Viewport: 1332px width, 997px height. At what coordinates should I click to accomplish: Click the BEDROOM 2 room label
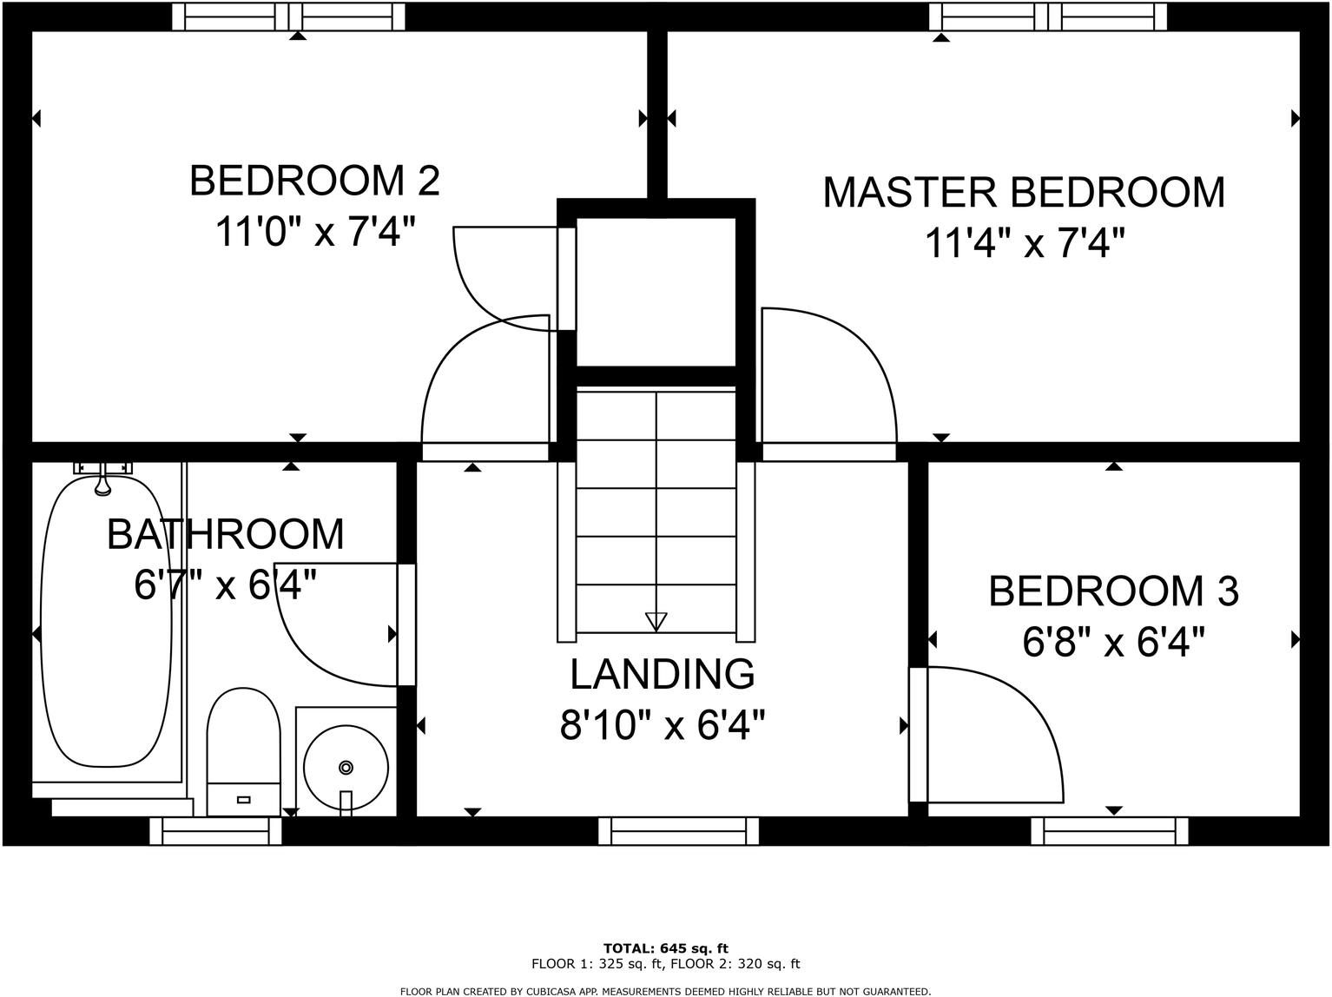tap(314, 181)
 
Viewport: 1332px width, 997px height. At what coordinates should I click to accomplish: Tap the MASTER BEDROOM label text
tap(1024, 193)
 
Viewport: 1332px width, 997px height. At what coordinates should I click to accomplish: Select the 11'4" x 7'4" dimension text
tap(1024, 244)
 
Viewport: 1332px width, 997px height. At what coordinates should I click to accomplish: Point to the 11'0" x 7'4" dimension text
tap(314, 233)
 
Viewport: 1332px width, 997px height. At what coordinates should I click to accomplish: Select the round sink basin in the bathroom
tap(346, 767)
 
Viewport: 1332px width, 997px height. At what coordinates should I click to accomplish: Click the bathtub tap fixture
tap(103, 478)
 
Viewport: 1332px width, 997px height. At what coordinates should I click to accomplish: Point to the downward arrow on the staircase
tap(656, 621)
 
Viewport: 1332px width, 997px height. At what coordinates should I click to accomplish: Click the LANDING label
tap(663, 674)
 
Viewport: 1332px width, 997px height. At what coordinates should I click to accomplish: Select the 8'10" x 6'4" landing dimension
tap(663, 725)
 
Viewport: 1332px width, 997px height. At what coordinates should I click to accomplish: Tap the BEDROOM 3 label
tap(1113, 591)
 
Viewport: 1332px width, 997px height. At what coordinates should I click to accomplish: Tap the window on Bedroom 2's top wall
tap(288, 17)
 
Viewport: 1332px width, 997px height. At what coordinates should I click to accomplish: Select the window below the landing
tap(678, 832)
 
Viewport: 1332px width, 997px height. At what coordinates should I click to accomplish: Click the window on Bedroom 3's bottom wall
tap(1109, 832)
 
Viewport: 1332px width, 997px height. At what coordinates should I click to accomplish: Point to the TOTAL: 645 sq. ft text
tap(665, 948)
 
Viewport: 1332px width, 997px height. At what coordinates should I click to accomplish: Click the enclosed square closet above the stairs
tap(656, 292)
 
